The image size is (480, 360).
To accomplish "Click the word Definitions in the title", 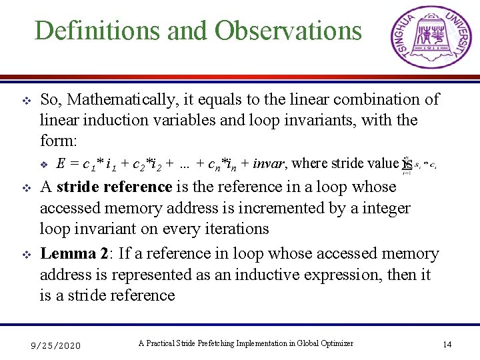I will (88, 31).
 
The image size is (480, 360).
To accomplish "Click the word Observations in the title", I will (287, 31).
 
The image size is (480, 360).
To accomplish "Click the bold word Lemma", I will (68, 254).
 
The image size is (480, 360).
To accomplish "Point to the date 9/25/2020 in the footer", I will (57, 345).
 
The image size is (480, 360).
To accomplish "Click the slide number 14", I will (447, 344).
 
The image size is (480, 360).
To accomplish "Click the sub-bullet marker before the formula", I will (45, 164).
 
